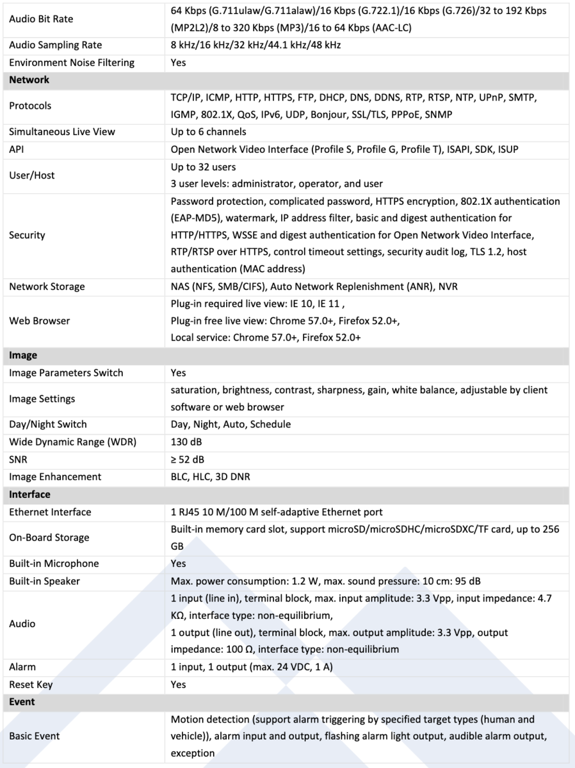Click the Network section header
coord(29,80)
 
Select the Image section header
coord(23,355)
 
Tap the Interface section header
coord(29,494)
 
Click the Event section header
coord(22,701)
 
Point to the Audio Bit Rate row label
coord(41,19)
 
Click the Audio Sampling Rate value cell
coord(255,45)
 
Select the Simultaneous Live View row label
coord(62,132)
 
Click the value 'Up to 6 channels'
coord(208,132)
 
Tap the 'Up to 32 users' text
coord(203,167)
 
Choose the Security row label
coord(27,235)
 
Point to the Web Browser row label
coord(40,321)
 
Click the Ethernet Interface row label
coord(50,512)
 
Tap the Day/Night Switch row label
coord(48,424)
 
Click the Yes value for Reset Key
coord(178,684)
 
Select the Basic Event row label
coord(34,736)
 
